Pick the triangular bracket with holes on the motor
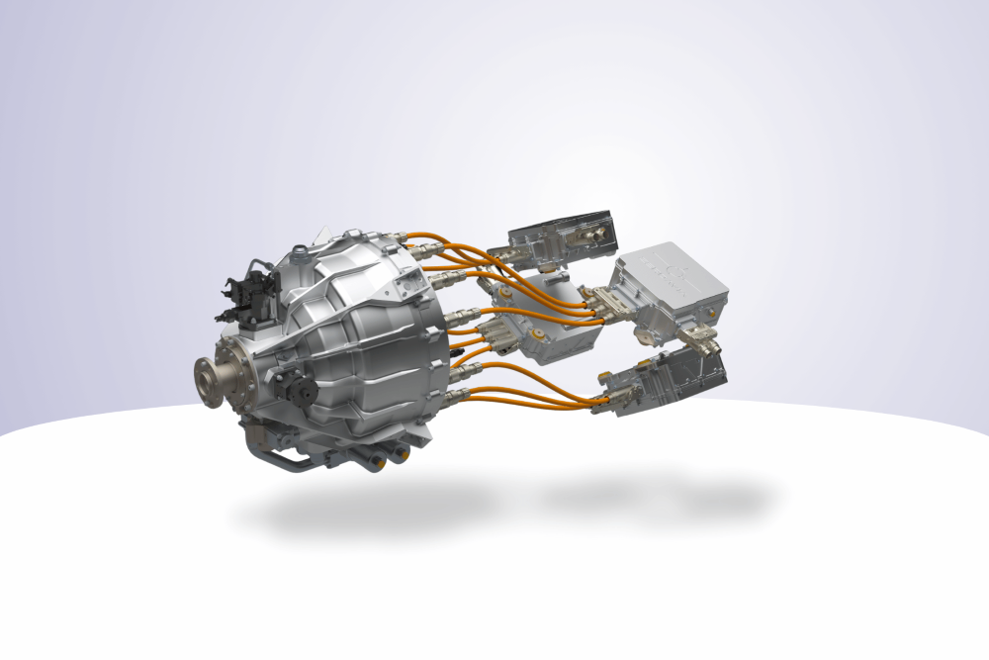pyautogui.click(x=406, y=286)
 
